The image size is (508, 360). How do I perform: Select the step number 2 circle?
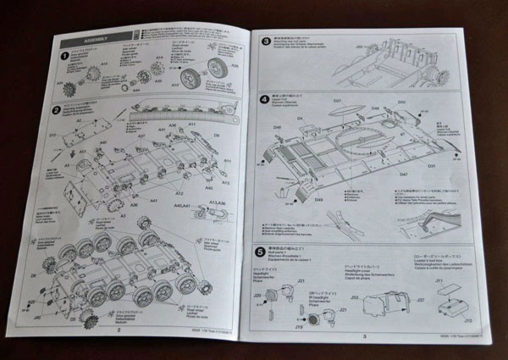click(57, 110)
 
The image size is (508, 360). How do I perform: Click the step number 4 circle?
click(264, 98)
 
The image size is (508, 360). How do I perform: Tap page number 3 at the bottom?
click(362, 335)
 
